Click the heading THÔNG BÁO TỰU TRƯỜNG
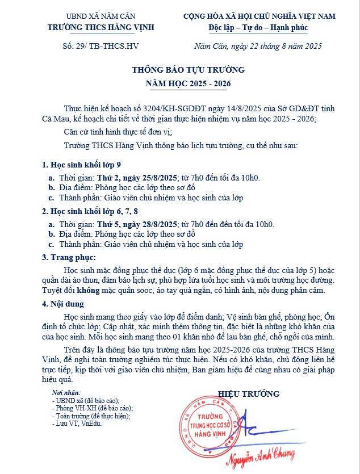180,70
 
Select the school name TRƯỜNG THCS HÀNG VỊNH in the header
102,26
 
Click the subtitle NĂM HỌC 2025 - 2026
180,83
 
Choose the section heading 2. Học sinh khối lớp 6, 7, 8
90,212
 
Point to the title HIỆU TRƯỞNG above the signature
249,393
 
